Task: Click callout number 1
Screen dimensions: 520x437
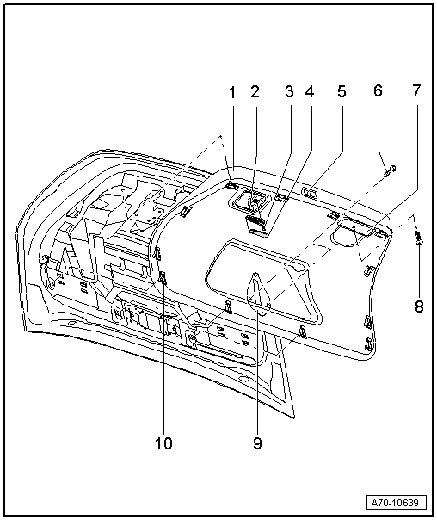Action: click(231, 91)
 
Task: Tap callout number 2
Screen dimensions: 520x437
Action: click(255, 91)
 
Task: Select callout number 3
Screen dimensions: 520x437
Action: click(288, 91)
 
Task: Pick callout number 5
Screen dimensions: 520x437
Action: click(341, 91)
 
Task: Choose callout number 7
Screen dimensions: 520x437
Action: click(416, 91)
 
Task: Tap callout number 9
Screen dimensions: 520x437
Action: click(257, 443)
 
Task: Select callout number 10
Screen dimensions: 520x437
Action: click(163, 443)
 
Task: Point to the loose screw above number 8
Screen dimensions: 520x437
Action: click(418, 238)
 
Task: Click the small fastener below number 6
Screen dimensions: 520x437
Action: click(389, 168)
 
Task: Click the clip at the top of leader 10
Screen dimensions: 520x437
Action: click(163, 276)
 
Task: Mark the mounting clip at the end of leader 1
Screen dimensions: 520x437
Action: click(232, 183)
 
